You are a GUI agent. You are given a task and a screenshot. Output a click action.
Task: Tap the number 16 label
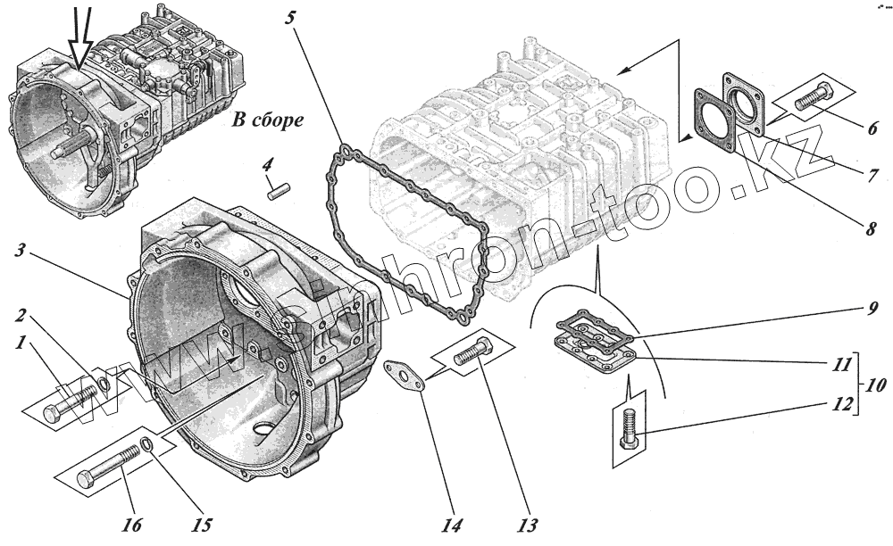point(130,525)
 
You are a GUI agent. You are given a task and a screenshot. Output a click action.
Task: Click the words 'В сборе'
point(263,119)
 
